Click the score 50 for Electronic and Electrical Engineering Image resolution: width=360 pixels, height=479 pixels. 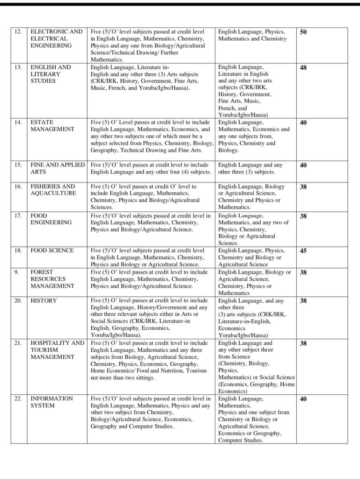[x=303, y=32]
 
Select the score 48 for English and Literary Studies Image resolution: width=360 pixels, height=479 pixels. [x=303, y=67]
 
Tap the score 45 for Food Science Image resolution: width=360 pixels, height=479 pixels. [x=303, y=251]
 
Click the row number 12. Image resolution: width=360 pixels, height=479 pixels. [x=18, y=32]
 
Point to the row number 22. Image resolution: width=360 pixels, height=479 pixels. [x=18, y=399]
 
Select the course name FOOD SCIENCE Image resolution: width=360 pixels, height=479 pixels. [x=52, y=251]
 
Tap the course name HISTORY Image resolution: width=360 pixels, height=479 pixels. [x=44, y=301]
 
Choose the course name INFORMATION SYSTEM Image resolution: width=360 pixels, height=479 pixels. [x=51, y=402]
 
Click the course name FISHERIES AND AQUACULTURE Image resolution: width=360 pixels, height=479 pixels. [x=53, y=190]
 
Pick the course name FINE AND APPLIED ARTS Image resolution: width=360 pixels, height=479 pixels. [x=58, y=168]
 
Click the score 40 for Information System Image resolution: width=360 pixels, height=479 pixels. [x=303, y=399]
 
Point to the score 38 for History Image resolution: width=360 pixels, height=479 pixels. [x=303, y=301]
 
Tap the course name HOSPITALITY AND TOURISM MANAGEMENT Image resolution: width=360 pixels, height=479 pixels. [x=57, y=350]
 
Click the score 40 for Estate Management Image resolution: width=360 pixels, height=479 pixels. [x=303, y=123]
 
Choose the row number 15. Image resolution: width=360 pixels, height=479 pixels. [x=18, y=165]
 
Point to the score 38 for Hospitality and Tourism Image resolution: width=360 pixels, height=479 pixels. [x=303, y=343]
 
